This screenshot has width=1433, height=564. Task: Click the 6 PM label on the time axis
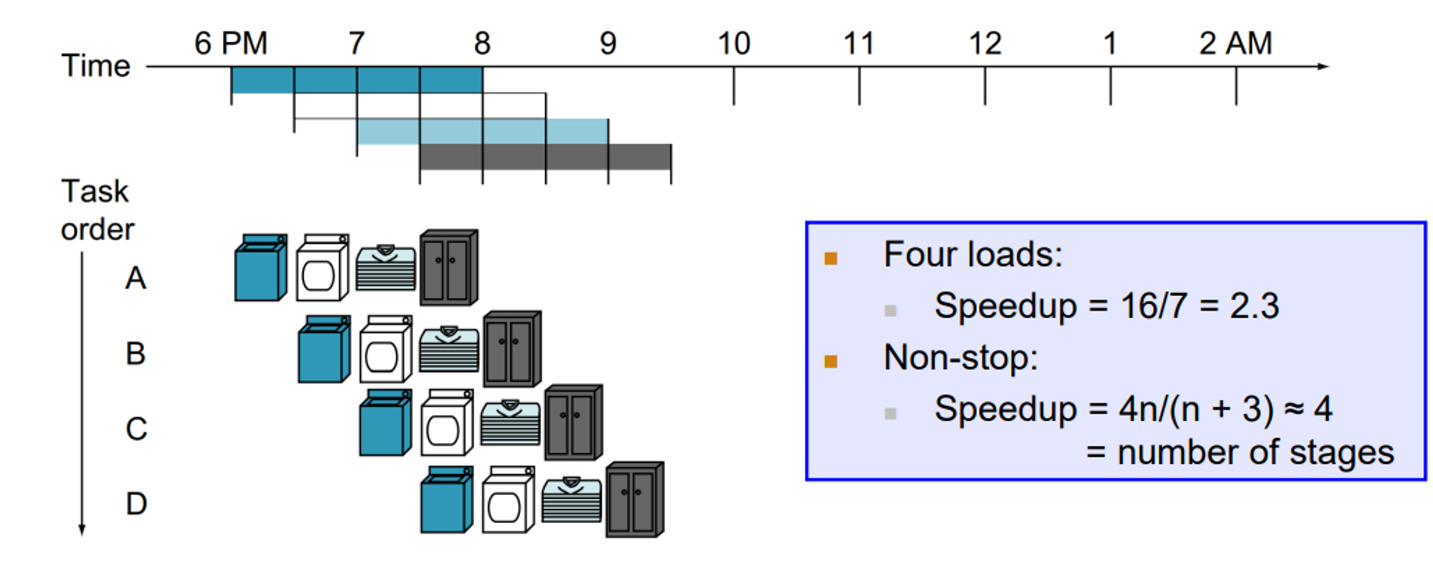[x=231, y=44]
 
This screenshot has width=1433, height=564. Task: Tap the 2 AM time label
[x=1235, y=44]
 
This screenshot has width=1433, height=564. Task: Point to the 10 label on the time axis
[x=734, y=44]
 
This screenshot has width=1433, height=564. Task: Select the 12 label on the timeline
[x=984, y=44]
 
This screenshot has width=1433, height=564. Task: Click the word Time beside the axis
[x=96, y=66]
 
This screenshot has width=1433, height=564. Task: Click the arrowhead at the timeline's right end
[x=1323, y=67]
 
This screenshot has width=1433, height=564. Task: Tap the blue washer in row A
[x=260, y=267]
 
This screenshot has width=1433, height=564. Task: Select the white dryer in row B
[x=385, y=349]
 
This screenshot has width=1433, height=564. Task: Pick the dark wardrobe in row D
[x=634, y=500]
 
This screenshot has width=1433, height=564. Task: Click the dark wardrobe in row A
[x=449, y=267]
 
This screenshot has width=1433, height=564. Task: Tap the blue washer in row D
[x=446, y=500]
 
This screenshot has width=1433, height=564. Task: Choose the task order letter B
[x=135, y=353]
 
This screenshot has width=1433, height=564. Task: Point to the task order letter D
[x=136, y=504]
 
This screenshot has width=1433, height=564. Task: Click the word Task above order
[x=95, y=192]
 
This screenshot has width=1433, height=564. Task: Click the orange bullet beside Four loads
[x=831, y=259]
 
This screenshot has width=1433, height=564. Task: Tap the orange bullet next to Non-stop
[x=831, y=361]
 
